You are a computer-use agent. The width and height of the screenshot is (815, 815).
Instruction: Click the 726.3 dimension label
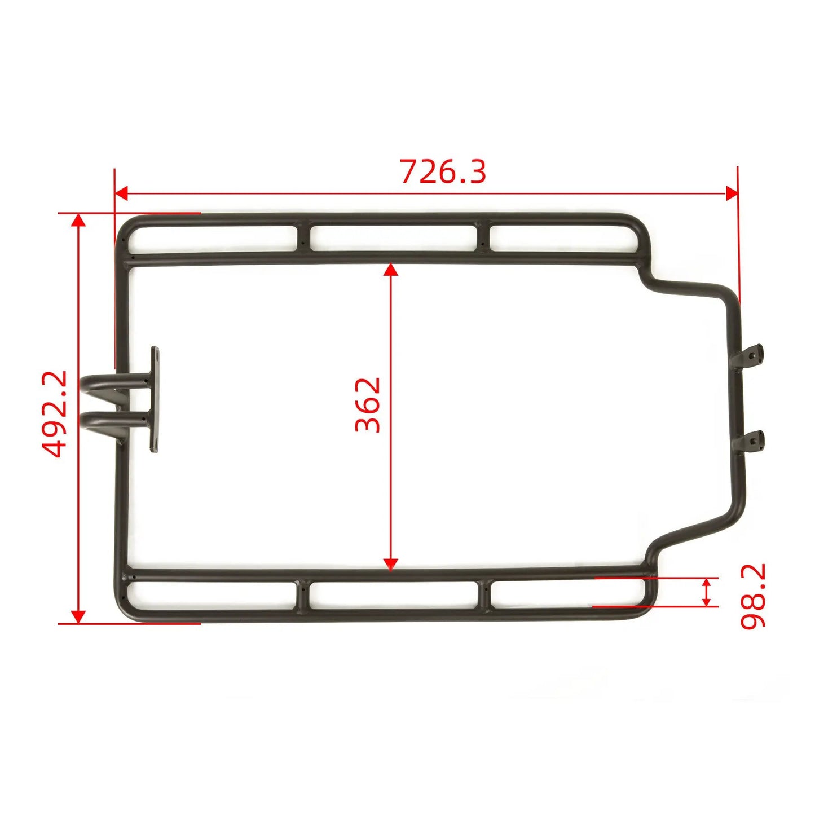pyautogui.click(x=443, y=171)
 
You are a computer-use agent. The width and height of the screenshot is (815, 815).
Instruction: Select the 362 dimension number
pyautogui.click(x=368, y=405)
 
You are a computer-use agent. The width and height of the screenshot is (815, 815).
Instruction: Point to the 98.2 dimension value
pyautogui.click(x=752, y=596)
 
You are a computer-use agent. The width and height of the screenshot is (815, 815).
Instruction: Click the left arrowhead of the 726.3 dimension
pyautogui.click(x=121, y=193)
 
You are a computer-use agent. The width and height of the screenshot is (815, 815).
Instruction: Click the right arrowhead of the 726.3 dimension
pyautogui.click(x=732, y=193)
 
